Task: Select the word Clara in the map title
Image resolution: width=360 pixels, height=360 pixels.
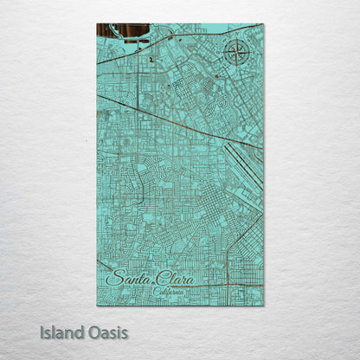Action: (176, 280)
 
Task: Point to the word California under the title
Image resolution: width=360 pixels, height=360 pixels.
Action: (169, 292)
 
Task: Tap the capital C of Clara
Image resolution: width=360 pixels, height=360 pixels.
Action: (157, 280)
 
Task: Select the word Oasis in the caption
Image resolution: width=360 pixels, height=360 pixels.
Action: (111, 332)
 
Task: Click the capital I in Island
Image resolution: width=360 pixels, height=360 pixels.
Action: (42, 332)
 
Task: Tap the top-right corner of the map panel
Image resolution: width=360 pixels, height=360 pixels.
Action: (263, 24)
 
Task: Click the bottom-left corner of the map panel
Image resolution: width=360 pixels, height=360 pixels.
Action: (97, 305)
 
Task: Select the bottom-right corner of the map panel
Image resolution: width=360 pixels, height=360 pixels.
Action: (263, 305)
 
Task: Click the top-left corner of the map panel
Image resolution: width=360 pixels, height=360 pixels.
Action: (97, 24)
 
